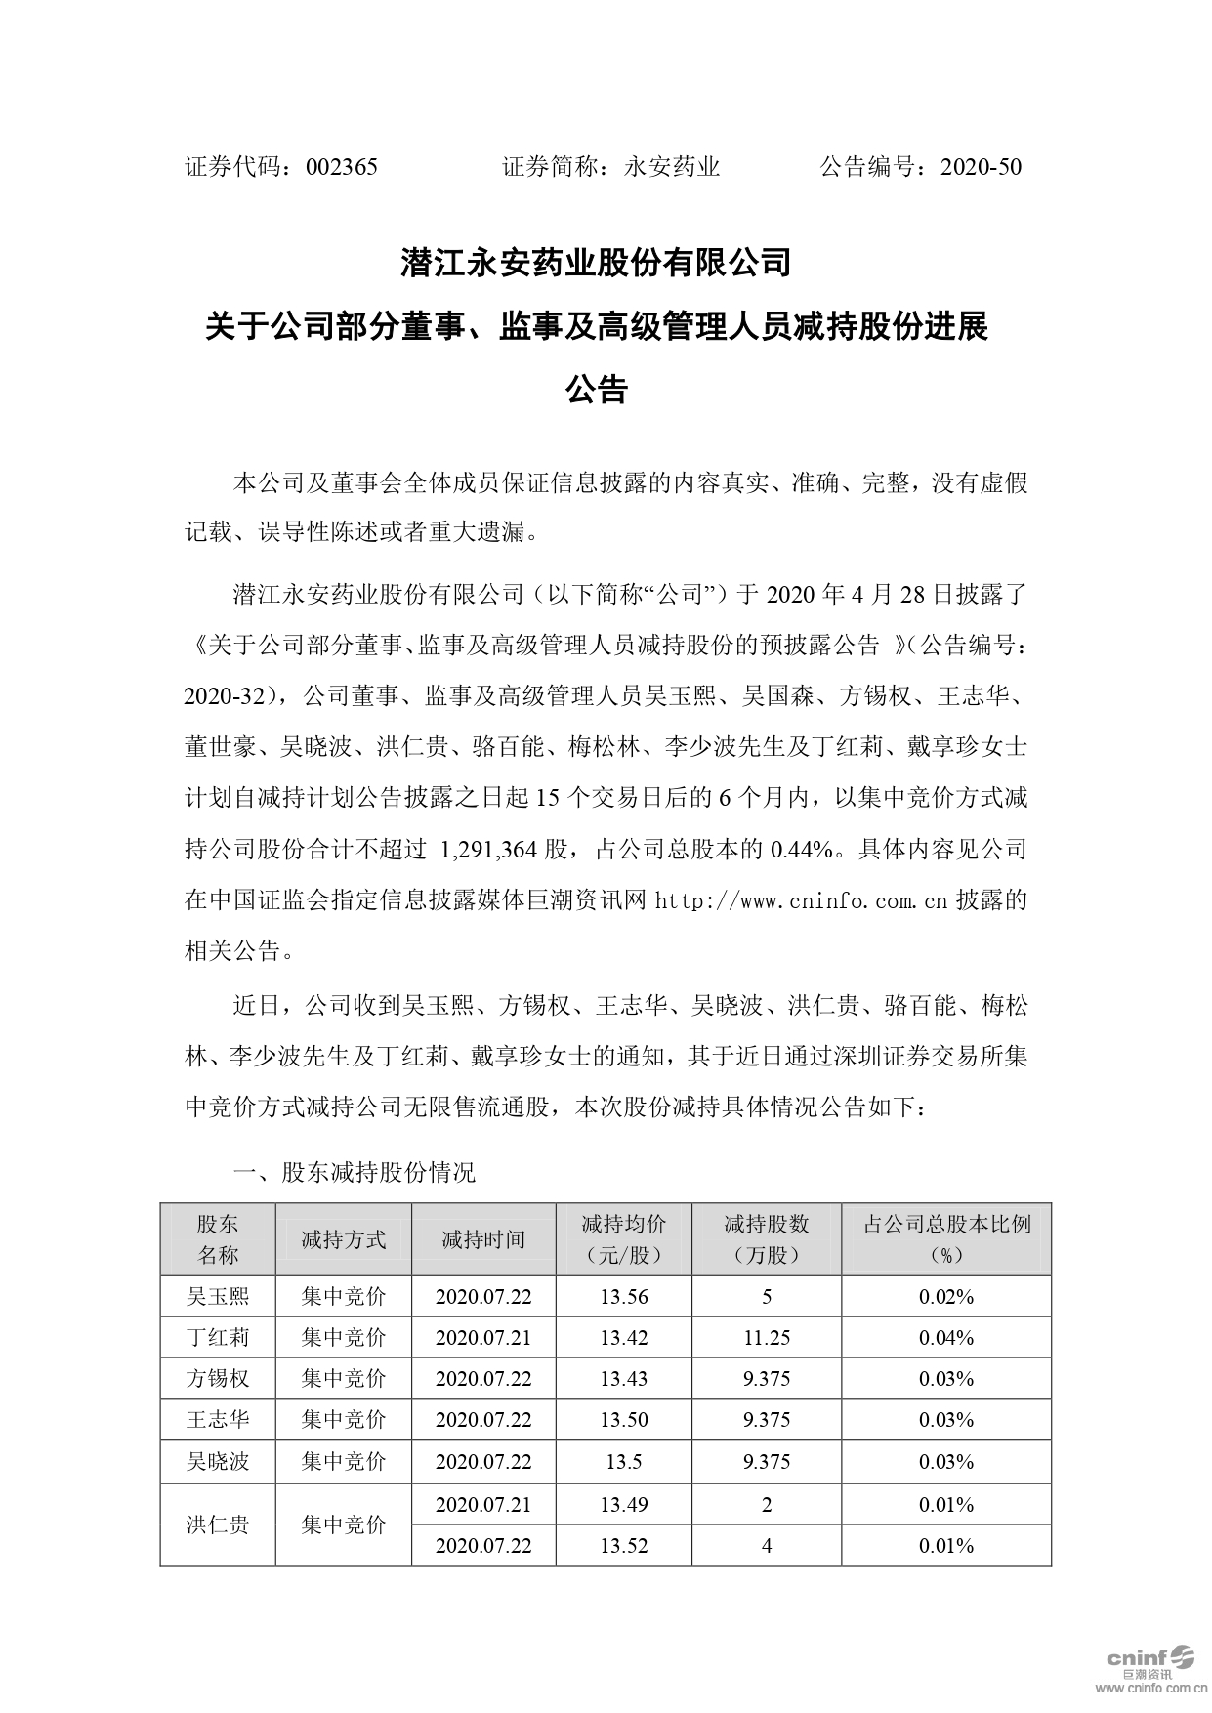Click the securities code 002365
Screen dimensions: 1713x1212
click(x=341, y=167)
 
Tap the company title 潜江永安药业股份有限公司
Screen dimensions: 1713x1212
click(x=596, y=263)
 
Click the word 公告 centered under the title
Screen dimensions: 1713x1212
click(x=596, y=390)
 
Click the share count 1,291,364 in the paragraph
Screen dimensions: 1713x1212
click(x=490, y=849)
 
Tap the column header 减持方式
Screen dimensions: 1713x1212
click(x=344, y=1239)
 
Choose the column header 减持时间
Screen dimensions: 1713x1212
click(x=483, y=1239)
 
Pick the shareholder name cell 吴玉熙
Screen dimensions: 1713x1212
click(x=218, y=1296)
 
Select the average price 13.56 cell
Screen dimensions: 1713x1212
click(x=624, y=1296)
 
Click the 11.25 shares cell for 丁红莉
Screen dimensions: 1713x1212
click(x=767, y=1337)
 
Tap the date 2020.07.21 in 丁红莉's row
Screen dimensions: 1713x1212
click(x=483, y=1337)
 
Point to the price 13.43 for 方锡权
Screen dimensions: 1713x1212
click(x=624, y=1378)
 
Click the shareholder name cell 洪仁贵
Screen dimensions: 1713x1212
click(x=218, y=1524)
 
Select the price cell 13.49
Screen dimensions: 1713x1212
click(x=624, y=1504)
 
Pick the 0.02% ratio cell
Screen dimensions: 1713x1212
click(x=946, y=1296)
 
